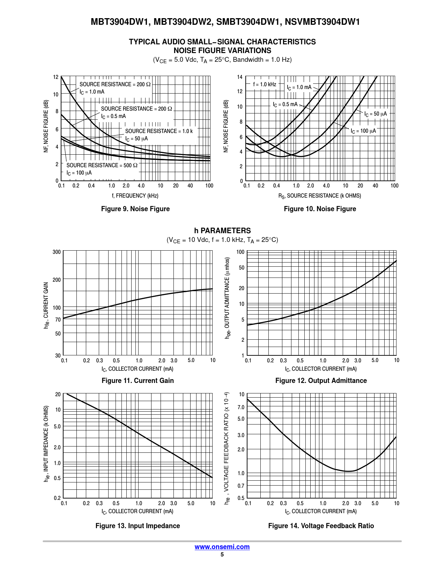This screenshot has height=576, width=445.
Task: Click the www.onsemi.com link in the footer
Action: (x=222, y=547)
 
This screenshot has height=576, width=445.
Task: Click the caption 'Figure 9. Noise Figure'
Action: (x=135, y=209)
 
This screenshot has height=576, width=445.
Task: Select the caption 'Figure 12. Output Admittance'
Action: (x=321, y=381)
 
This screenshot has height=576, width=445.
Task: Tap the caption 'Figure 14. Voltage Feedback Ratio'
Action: (x=321, y=526)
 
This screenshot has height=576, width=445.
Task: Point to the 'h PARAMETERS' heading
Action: (x=222, y=231)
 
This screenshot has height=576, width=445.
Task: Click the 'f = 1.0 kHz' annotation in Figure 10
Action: (x=265, y=84)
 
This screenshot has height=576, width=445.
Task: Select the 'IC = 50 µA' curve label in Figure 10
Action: (x=376, y=114)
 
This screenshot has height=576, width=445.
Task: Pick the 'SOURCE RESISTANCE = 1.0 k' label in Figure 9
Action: (x=159, y=131)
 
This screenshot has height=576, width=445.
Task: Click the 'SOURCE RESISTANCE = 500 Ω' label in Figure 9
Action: (x=102, y=165)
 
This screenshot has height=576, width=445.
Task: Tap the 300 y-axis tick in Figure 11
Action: (x=57, y=252)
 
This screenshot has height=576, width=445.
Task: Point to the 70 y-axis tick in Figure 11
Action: (x=58, y=320)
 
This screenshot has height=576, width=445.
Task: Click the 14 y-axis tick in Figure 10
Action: (x=240, y=77)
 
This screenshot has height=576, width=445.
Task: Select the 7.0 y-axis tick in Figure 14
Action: (x=241, y=407)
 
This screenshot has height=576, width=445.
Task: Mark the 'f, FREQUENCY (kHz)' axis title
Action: (x=135, y=196)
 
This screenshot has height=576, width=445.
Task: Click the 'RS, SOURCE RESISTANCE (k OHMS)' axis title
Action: (x=320, y=196)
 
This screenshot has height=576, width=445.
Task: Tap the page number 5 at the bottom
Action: (x=222, y=555)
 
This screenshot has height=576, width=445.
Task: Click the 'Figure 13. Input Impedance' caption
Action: (x=138, y=526)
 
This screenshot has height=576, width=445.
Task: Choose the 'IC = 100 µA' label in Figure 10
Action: (x=363, y=131)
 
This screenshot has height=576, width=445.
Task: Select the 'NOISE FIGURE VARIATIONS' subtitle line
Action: (x=222, y=51)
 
